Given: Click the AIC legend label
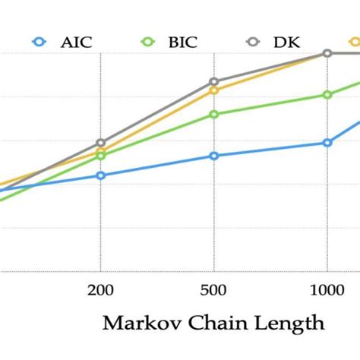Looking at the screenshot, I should coord(76,42).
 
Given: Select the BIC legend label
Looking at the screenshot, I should coord(182,42).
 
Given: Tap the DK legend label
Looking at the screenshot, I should coord(288,42).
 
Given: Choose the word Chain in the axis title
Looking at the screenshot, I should coord(207,324).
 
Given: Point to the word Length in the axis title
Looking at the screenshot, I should coord(283,324).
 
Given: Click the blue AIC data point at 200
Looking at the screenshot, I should coord(100,175).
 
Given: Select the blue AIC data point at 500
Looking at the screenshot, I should coord(214,156).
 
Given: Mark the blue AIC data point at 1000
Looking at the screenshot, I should coord(327,143).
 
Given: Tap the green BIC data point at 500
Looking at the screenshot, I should coord(214,115).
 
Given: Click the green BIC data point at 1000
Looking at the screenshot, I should coord(327,95).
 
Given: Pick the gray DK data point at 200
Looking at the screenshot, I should coord(100,143).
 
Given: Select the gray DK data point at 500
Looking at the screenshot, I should coord(214,81).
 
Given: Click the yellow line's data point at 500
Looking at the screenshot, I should coord(214,90).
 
